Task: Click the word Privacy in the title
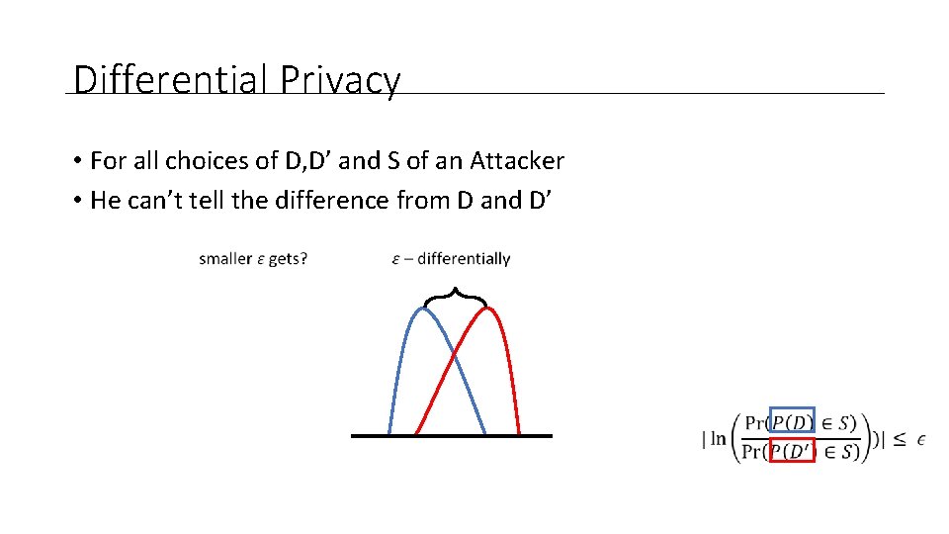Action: tap(340, 79)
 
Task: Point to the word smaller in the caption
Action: tap(225, 259)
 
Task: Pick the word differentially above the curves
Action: tap(464, 259)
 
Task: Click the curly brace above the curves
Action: tap(454, 295)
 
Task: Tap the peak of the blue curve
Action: tap(423, 309)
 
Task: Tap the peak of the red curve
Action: tap(487, 309)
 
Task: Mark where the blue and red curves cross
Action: tap(454, 353)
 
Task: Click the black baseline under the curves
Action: tap(452, 435)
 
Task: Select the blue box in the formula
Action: tap(792, 421)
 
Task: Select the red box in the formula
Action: tap(792, 451)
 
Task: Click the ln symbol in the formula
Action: tap(718, 438)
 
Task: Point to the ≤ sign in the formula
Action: tap(899, 438)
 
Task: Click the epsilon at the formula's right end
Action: tap(921, 438)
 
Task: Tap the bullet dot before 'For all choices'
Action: tap(76, 161)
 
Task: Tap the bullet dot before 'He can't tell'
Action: tap(76, 201)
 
